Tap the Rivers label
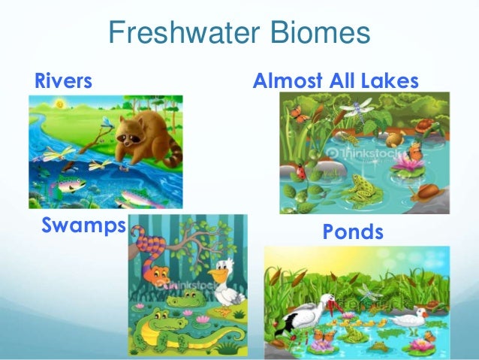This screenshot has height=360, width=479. [x=63, y=80]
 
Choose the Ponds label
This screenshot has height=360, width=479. [x=352, y=232]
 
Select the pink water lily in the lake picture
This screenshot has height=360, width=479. [x=412, y=159]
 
